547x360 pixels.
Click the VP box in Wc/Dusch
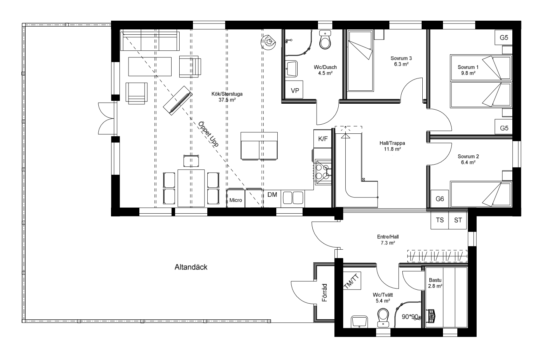point(295,90)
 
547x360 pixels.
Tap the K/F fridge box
point(323,139)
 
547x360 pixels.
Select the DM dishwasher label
point(272,195)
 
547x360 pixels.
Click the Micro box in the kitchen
point(236,200)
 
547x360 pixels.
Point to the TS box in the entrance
point(439,220)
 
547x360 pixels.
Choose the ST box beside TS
point(458,220)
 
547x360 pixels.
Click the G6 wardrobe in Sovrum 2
point(439,199)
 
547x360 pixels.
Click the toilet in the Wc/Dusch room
point(325,41)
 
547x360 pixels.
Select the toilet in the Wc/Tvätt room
point(383,316)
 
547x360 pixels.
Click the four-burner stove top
point(322,172)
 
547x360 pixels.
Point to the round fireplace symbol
point(269,42)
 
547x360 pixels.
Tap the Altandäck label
point(191,267)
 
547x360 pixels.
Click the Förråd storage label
point(324,293)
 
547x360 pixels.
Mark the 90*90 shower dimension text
point(410,317)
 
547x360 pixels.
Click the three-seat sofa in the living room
point(150,41)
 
